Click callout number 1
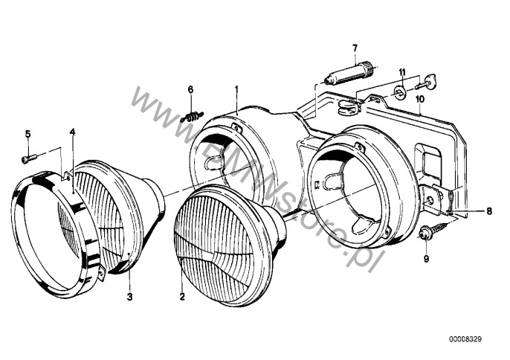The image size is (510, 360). tap(236, 80)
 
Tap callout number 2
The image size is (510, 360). tap(182, 297)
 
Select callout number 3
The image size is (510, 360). tap(130, 297)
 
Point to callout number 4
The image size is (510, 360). tap(72, 132)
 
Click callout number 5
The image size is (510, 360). tap(28, 133)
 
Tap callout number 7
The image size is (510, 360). tap(355, 48)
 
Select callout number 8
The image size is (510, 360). tap(489, 211)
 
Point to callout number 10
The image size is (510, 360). tap(420, 99)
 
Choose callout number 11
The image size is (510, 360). tap(402, 71)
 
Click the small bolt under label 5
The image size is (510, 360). tap(29, 159)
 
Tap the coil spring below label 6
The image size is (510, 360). tap(192, 117)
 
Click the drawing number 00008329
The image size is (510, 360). tap(465, 339)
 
